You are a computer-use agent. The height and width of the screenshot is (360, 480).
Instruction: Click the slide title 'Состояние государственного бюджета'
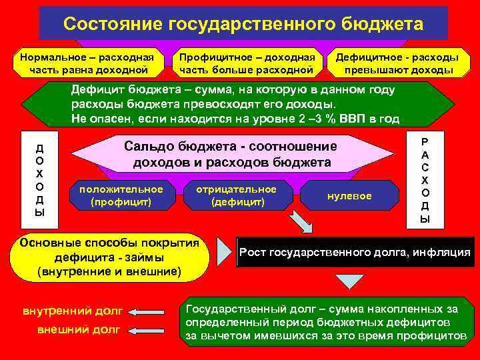click(x=243, y=25)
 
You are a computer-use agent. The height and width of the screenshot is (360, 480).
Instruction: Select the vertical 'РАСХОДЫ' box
click(x=425, y=180)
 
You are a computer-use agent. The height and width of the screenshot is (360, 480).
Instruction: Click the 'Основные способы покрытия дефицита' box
click(x=110, y=257)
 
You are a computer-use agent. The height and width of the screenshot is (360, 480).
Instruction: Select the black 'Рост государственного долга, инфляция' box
click(x=355, y=252)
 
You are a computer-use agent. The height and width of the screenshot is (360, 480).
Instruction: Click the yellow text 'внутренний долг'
click(x=72, y=311)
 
